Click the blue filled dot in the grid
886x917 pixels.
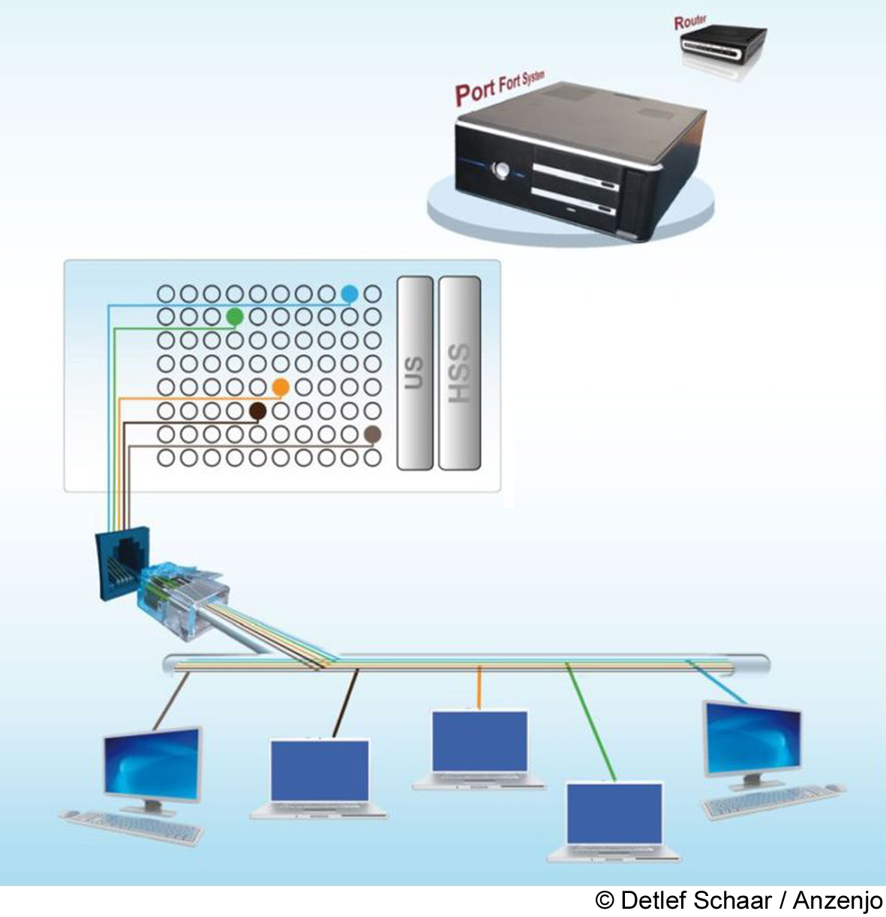349,293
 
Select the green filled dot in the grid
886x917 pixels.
235,317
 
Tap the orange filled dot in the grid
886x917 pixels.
281,387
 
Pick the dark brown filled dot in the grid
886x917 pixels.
258,410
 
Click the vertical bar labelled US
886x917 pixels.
414,373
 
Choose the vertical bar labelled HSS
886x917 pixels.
458,373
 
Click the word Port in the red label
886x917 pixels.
475,92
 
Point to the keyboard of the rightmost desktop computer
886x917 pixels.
773,801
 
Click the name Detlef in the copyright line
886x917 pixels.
650,900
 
